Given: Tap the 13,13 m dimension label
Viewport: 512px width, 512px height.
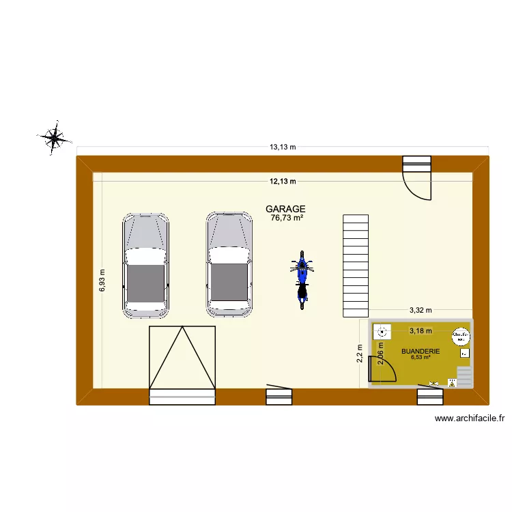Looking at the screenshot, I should [x=282, y=147].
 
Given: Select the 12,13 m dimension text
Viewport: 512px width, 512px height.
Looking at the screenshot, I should [x=282, y=182].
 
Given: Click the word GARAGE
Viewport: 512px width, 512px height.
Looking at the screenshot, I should [x=285, y=209].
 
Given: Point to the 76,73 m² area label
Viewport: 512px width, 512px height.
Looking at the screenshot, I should [x=287, y=218].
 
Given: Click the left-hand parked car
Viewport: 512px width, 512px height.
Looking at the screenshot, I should [x=145, y=265].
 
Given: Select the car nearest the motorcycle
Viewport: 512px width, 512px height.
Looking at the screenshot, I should [x=229, y=265].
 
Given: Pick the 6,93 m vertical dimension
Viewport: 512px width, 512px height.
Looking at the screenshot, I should [x=102, y=279].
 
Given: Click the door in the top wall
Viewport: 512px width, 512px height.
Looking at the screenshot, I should [x=417, y=177].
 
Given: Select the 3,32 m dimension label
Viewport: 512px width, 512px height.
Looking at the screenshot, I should [x=420, y=310].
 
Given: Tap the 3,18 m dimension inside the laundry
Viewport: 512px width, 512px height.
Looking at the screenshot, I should [x=420, y=331].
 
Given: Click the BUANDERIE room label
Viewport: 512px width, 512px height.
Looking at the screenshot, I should [x=421, y=352].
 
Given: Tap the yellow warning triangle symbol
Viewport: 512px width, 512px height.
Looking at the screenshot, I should [x=451, y=384].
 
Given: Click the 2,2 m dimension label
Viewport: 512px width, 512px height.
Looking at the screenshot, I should [x=360, y=355].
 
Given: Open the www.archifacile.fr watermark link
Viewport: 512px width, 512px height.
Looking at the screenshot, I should [x=469, y=419].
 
